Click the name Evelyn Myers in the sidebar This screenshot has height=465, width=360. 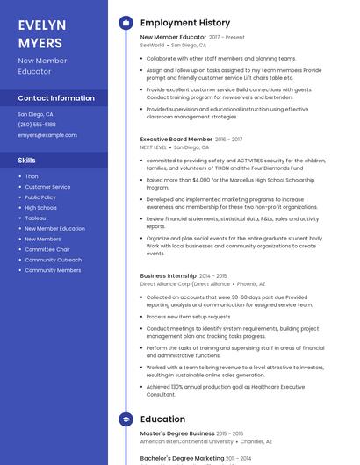(x=40, y=32)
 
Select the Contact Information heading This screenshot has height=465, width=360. (x=56, y=98)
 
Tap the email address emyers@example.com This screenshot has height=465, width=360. (x=47, y=135)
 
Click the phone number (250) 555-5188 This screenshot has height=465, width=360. (x=37, y=125)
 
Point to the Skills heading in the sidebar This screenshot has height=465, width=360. (x=27, y=161)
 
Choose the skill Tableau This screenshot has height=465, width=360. (x=35, y=218)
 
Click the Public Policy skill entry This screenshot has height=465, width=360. (x=40, y=197)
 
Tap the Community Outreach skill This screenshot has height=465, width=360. (x=53, y=260)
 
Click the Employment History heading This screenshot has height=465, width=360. (x=185, y=23)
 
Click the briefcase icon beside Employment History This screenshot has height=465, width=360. (x=126, y=23)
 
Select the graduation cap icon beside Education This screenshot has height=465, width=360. (x=126, y=419)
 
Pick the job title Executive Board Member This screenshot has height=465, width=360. (x=176, y=139)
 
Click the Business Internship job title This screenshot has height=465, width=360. (x=169, y=275)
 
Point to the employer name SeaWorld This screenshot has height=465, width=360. (x=152, y=45)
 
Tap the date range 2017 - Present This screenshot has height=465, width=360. (x=227, y=38)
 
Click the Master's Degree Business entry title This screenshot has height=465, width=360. (x=177, y=433)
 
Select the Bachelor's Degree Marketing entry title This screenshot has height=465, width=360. (x=182, y=458)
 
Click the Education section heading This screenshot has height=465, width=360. (x=162, y=419)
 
